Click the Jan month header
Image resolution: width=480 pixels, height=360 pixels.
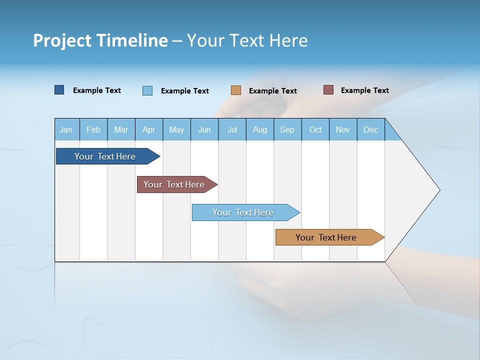66,129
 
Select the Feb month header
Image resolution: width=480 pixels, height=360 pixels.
93,129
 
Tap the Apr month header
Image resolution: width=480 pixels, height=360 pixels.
149,129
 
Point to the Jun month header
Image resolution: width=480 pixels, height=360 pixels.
204,129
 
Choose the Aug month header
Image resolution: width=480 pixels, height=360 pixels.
260,129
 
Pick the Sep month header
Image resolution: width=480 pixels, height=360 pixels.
287,129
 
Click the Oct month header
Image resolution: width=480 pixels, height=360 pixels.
315,129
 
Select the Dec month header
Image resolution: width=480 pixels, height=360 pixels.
371,129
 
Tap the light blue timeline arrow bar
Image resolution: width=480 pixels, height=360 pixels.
243,212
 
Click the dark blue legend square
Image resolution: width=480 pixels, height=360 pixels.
59,90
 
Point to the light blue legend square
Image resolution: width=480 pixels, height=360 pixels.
147,90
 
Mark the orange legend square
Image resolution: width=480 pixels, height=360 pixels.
236,90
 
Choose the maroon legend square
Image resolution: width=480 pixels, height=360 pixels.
328,90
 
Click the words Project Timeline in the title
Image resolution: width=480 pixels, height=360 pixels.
100,40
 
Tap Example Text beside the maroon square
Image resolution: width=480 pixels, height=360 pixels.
364,90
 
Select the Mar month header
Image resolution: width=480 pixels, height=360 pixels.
121,129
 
